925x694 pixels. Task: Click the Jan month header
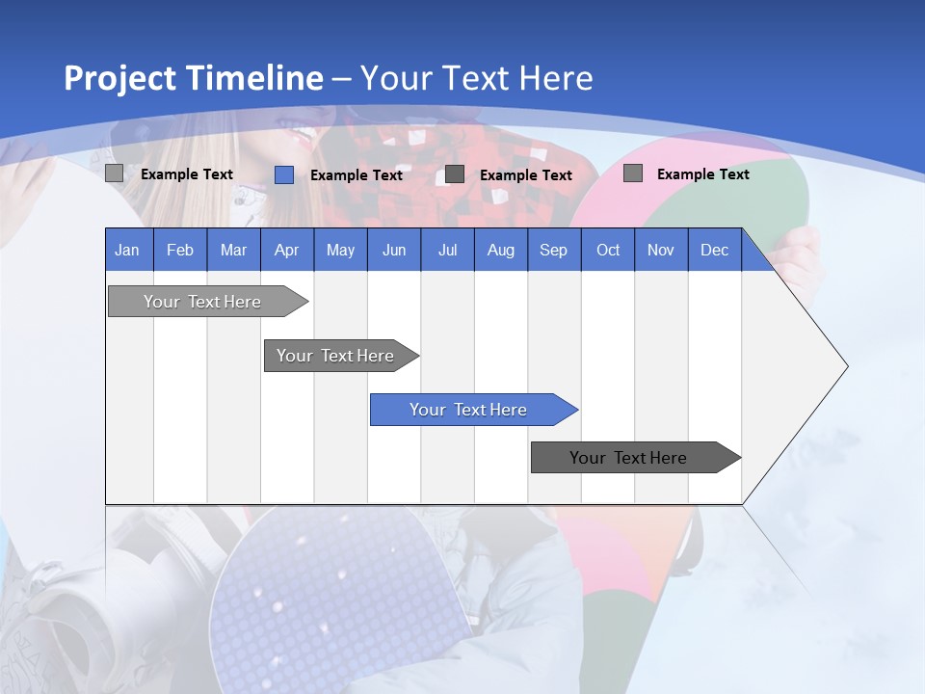coord(127,251)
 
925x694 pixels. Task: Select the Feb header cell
coord(180,251)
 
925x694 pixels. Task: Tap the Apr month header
coord(286,251)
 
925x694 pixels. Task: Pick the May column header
coord(340,251)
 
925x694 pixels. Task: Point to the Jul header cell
coord(447,251)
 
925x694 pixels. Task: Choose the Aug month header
coord(500,251)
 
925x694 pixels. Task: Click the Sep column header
coord(553,251)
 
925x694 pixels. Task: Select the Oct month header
coord(608,251)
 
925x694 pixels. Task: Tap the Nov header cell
coord(661,251)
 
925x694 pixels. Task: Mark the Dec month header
coord(714,251)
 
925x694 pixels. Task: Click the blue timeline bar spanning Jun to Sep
coord(469,410)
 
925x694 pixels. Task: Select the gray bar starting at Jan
coord(203,302)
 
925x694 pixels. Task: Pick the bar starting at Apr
coord(336,356)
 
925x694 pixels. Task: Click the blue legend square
coord(284,174)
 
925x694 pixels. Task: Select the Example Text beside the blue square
coord(356,175)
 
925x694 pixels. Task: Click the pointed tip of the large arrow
coord(846,366)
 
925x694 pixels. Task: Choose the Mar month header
coord(233,251)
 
